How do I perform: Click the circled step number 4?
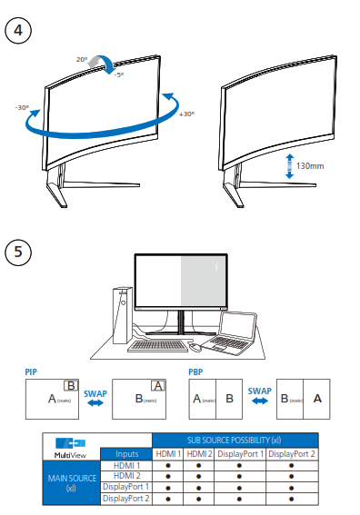tap(19, 29)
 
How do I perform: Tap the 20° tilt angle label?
tap(82, 59)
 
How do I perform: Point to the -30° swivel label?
tap(22, 107)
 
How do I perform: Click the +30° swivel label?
tap(186, 114)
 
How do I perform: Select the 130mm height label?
tap(311, 166)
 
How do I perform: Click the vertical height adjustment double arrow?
tap(289, 166)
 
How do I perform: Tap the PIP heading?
tap(31, 371)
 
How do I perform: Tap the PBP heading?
tap(195, 371)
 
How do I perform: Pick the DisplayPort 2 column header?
tap(292, 452)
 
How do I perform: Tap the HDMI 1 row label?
tap(126, 465)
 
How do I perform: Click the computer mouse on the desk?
tap(195, 346)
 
